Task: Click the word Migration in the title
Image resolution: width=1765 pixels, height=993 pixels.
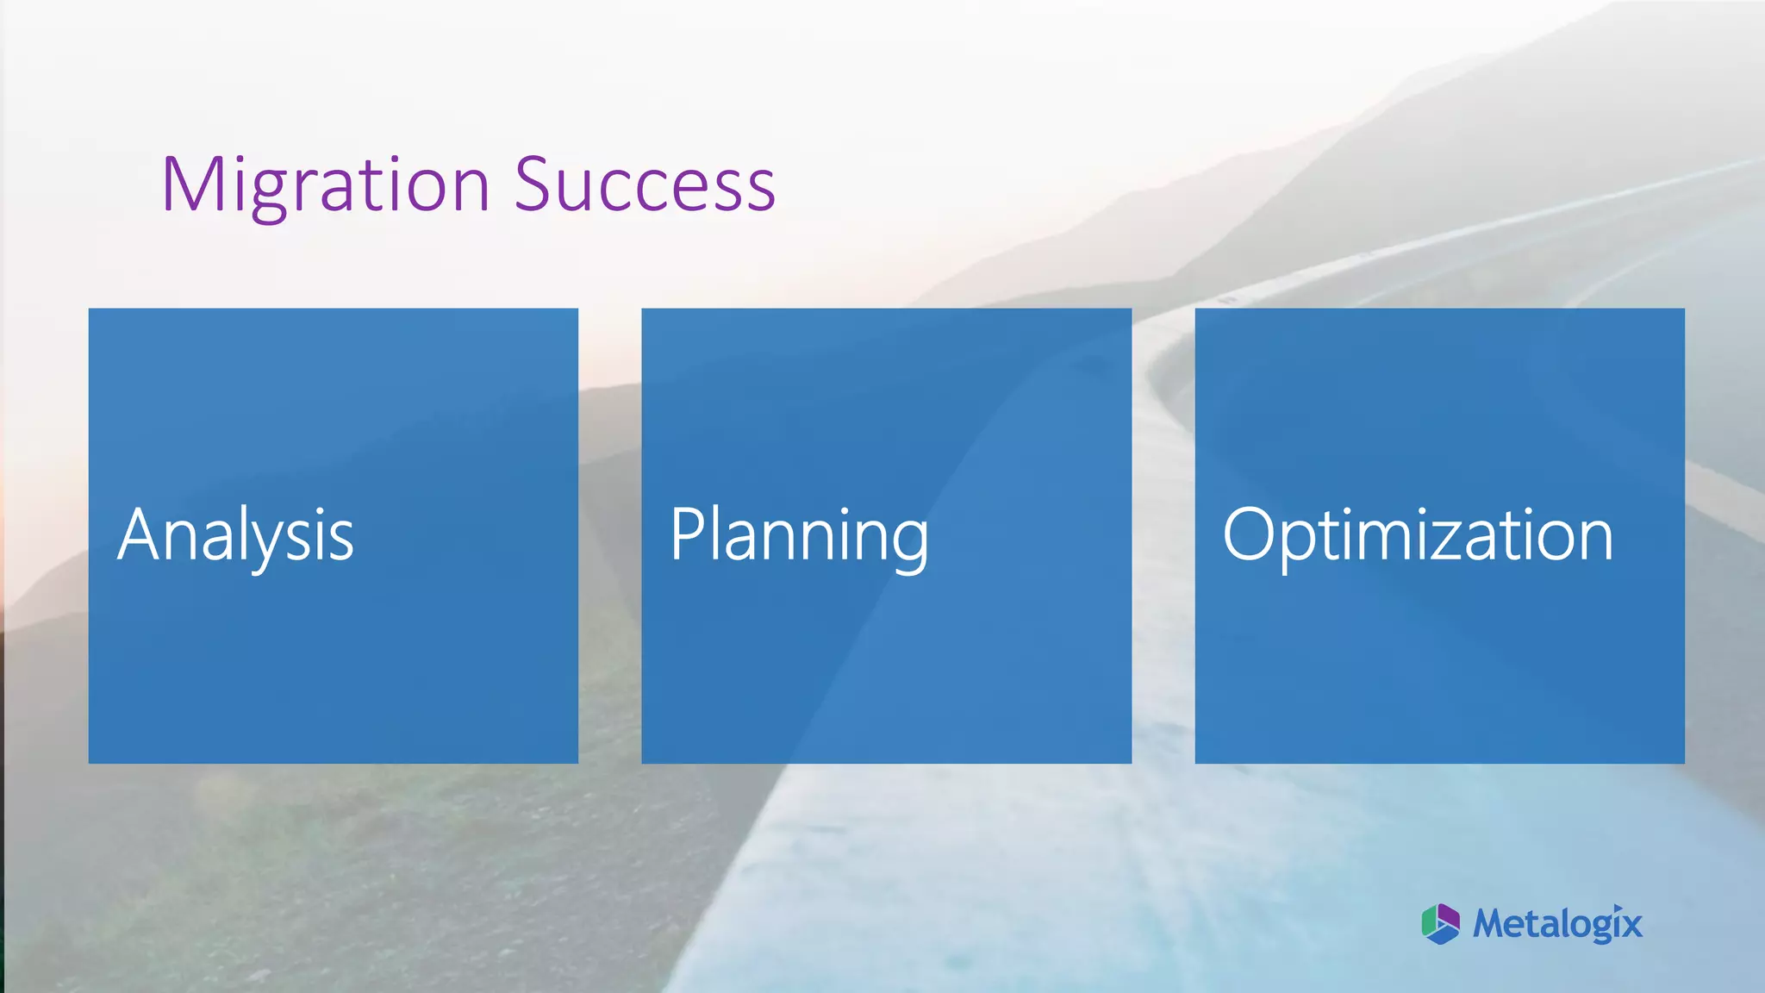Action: [326, 185]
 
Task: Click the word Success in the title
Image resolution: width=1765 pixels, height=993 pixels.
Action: [645, 185]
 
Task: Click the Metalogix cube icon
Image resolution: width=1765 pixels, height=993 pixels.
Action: [1440, 924]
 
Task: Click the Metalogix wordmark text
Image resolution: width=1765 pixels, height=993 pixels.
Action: [1557, 924]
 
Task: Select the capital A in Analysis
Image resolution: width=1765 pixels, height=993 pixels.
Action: [143, 534]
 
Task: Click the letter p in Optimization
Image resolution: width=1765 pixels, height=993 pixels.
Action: [1301, 545]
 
